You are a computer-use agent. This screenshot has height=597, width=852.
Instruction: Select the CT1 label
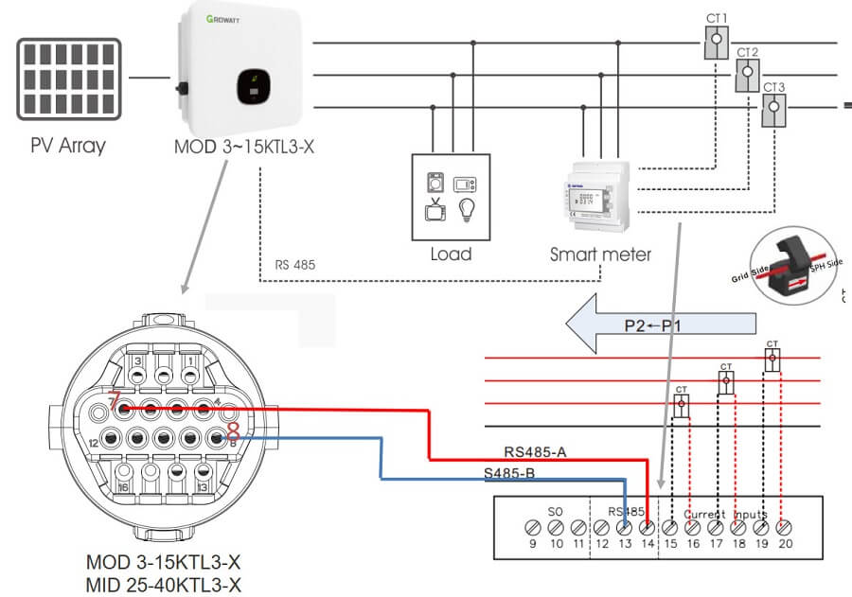pos(717,17)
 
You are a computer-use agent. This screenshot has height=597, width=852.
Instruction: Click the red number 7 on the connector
pos(114,401)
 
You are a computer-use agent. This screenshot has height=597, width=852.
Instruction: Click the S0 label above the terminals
pos(556,510)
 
